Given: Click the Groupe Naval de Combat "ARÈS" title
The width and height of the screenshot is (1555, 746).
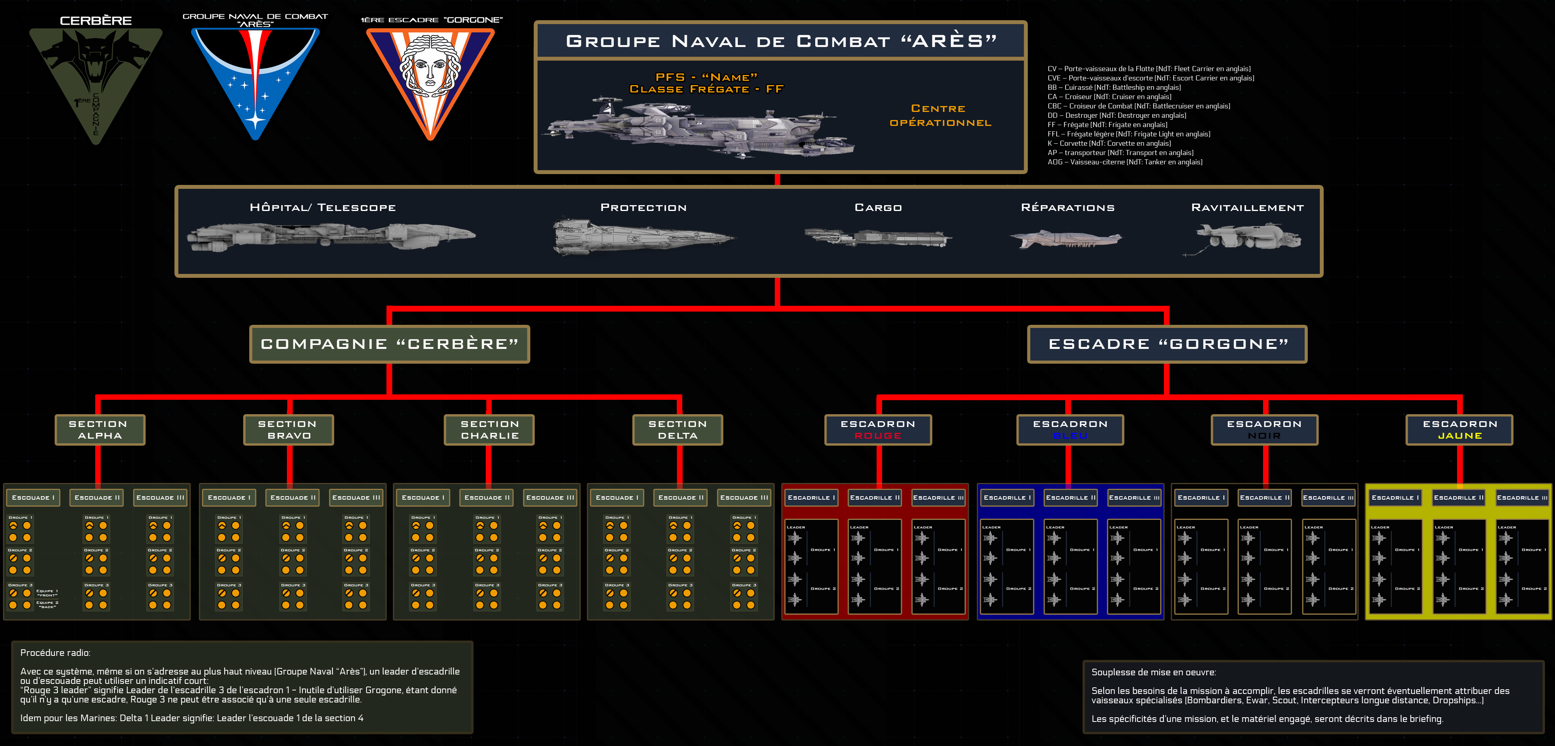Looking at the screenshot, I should coord(781,41).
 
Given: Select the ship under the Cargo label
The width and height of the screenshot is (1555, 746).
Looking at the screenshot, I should coord(878,237).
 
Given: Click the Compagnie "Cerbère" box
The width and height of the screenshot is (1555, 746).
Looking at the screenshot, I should coord(390,344).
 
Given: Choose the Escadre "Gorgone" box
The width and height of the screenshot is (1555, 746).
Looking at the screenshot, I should coord(1167,344).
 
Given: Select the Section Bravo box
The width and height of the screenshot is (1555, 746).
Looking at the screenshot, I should coord(288,430).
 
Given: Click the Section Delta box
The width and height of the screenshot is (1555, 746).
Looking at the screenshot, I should coord(677,430).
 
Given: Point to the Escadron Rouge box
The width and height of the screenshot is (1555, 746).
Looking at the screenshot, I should coord(878,430).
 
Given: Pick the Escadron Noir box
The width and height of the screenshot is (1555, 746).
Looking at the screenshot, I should coord(1264,430).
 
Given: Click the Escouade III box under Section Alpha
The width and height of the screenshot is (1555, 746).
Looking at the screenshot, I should coord(160,497).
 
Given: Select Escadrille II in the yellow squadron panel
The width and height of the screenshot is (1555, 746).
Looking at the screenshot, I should coord(1459,497).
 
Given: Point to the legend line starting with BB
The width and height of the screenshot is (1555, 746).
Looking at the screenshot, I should coord(1114,87).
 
